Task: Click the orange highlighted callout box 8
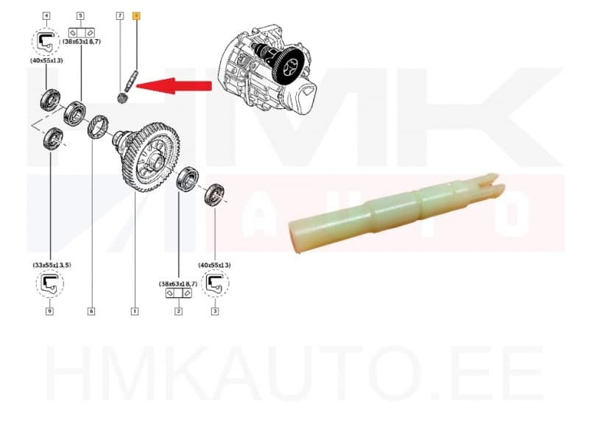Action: point(135,15)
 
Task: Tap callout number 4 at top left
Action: point(47,15)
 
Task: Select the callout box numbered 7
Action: point(119,15)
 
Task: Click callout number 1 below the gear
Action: point(135,311)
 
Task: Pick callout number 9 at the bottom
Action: point(49,311)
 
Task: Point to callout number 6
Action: point(91,311)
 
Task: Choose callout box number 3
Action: point(215,311)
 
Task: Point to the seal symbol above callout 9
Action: point(49,284)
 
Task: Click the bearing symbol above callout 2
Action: point(178,293)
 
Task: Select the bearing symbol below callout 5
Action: point(80,33)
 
